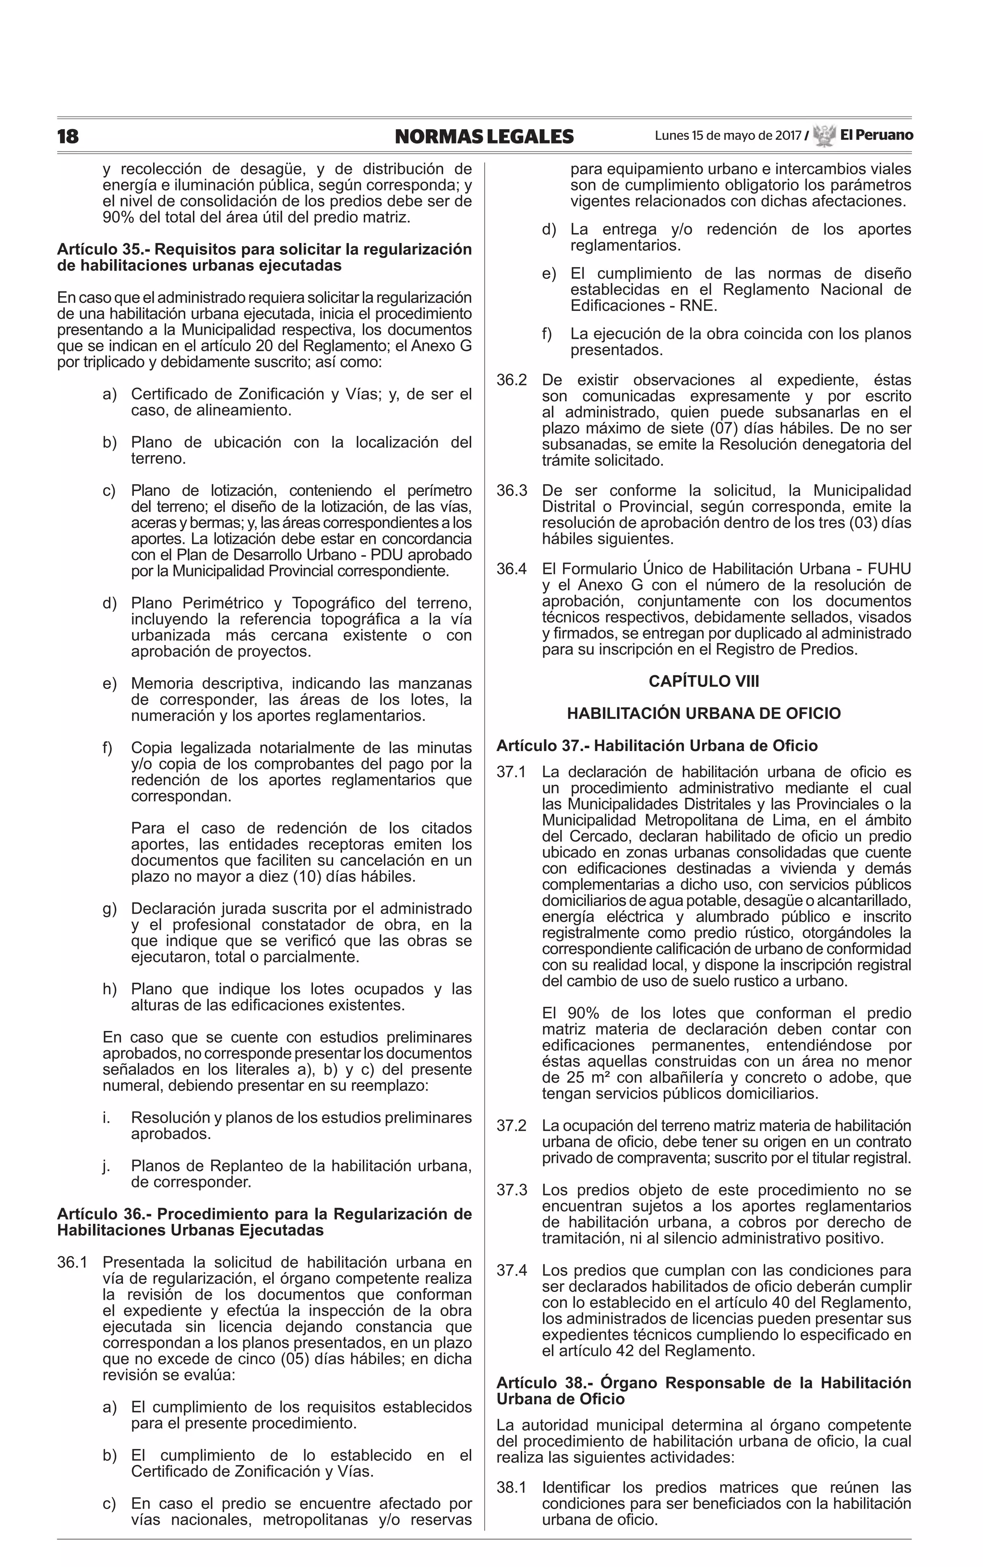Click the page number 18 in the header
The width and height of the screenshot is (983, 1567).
pos(68,136)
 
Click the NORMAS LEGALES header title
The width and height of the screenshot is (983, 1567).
pos(484,136)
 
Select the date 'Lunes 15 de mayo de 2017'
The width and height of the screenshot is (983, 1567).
pos(728,136)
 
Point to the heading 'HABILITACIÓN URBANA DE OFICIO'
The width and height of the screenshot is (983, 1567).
pos(704,713)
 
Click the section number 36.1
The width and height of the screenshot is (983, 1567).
pos(72,1262)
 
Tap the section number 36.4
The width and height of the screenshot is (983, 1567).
pos(512,569)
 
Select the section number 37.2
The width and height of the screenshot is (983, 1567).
pos(512,1125)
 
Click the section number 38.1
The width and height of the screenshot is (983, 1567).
pos(512,1488)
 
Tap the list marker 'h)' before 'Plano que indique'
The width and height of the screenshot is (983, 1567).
pos(109,989)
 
